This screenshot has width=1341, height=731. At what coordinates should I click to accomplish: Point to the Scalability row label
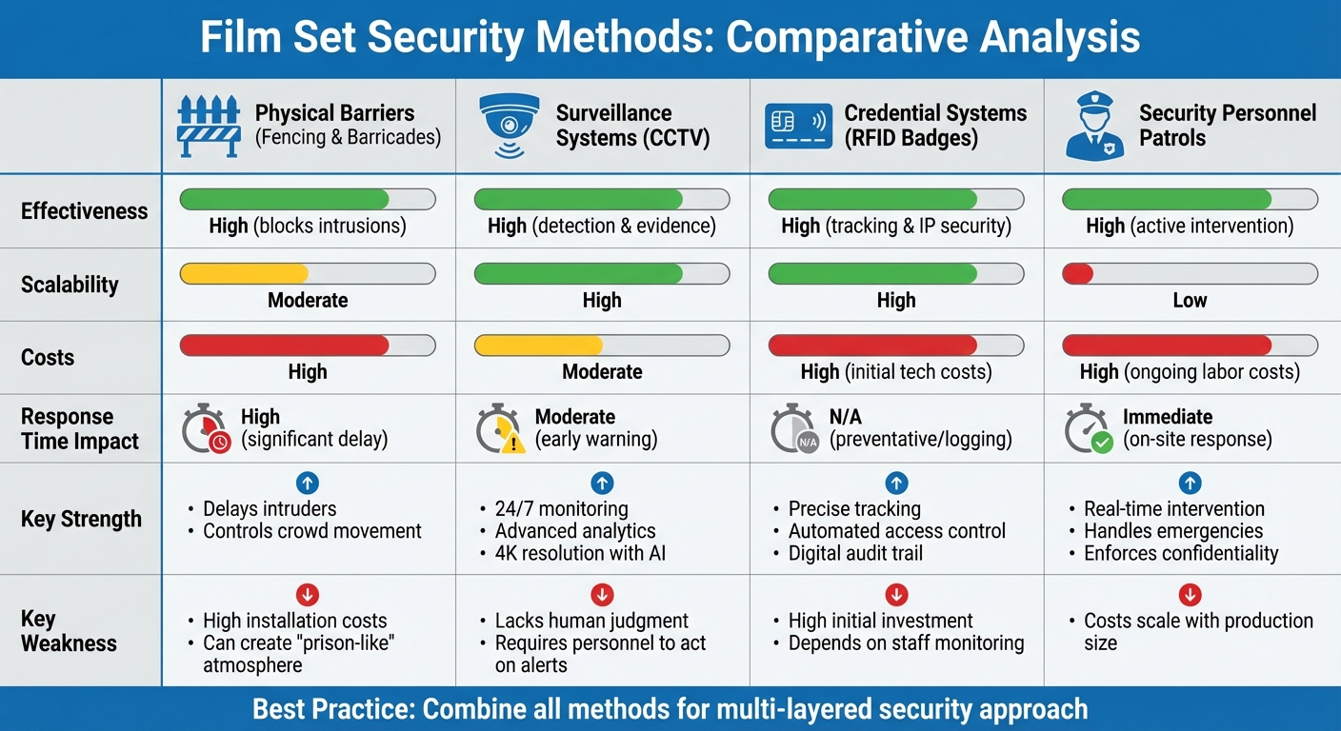click(x=70, y=285)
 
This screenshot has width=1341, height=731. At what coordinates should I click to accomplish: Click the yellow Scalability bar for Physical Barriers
click(x=244, y=274)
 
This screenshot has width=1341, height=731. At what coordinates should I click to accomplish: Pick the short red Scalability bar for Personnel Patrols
click(x=1077, y=274)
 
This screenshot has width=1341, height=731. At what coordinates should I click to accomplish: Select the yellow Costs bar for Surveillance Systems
click(x=539, y=346)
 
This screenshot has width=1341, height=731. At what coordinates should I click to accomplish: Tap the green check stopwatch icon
click(x=1089, y=429)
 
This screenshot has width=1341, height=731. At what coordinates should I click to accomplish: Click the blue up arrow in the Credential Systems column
click(x=896, y=483)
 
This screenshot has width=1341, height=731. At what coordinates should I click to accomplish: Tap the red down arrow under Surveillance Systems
click(x=602, y=595)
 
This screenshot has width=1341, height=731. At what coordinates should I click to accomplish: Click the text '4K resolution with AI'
click(x=580, y=553)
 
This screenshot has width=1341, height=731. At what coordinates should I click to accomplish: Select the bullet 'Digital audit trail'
click(x=855, y=553)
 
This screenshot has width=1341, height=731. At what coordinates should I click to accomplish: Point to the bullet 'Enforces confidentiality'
click(x=1181, y=553)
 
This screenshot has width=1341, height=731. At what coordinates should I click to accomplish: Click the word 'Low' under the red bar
click(x=1190, y=301)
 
